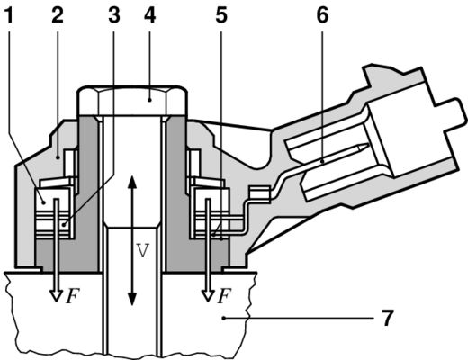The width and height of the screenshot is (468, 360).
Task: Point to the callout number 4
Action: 149,17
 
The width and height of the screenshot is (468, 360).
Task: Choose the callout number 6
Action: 322,17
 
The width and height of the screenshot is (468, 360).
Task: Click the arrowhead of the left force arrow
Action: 53,294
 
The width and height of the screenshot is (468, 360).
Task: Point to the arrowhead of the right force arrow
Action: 207,294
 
